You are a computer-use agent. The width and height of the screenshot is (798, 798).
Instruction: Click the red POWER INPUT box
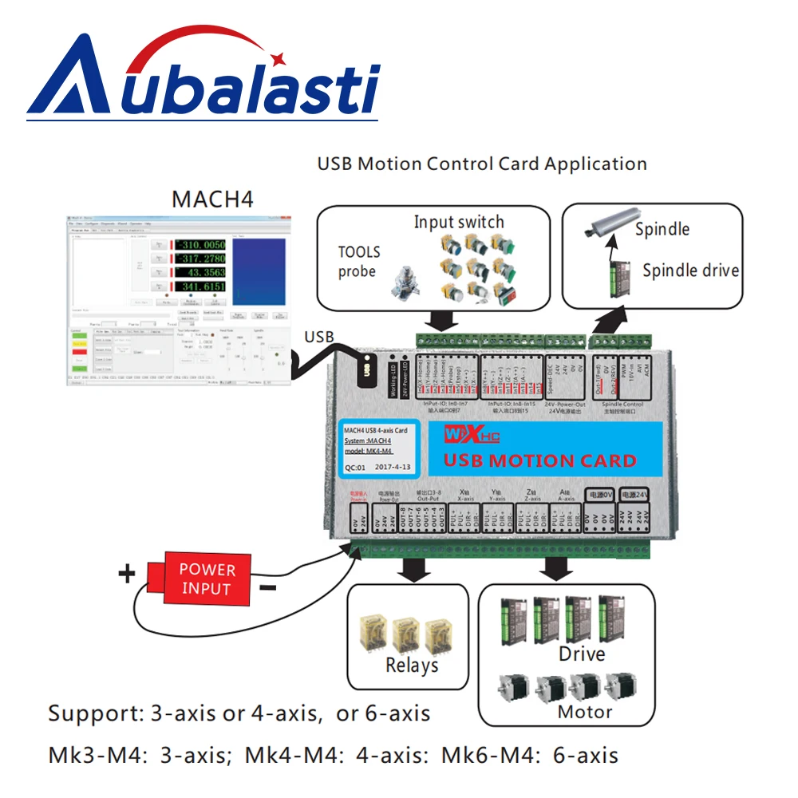(207, 579)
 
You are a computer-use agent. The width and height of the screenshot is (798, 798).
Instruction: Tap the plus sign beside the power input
(127, 573)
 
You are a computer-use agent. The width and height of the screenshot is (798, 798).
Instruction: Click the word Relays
(412, 666)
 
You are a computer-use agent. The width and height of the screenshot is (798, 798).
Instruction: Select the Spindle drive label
(690, 271)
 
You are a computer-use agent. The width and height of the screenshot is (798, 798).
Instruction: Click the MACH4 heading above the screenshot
(212, 199)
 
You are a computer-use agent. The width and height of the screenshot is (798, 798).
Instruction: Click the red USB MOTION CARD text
(539, 460)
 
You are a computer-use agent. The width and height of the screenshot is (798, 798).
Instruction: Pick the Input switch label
(459, 222)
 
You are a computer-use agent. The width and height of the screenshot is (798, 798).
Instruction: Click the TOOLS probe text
(358, 262)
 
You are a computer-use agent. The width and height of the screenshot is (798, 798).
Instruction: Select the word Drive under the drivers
(581, 654)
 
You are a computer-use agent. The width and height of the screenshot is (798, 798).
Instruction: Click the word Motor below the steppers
(585, 712)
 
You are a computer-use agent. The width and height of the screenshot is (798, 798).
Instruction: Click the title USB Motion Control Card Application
(482, 164)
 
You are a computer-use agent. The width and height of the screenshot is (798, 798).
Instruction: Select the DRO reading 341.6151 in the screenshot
(200, 286)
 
